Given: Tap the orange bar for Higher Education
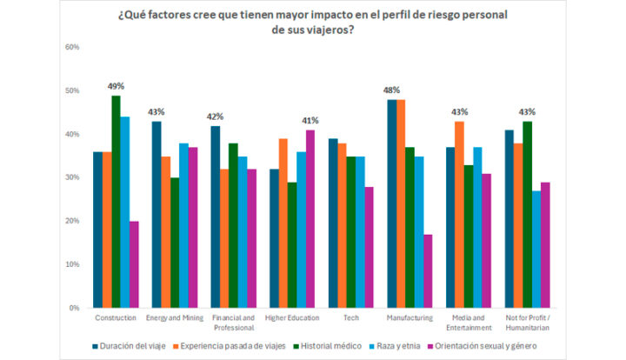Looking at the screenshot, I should click(282, 223).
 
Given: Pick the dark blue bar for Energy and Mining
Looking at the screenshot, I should click(156, 215).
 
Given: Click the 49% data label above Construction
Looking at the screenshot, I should click(116, 86).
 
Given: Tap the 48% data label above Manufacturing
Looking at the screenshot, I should click(391, 90).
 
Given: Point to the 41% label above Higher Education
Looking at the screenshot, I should click(310, 120).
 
